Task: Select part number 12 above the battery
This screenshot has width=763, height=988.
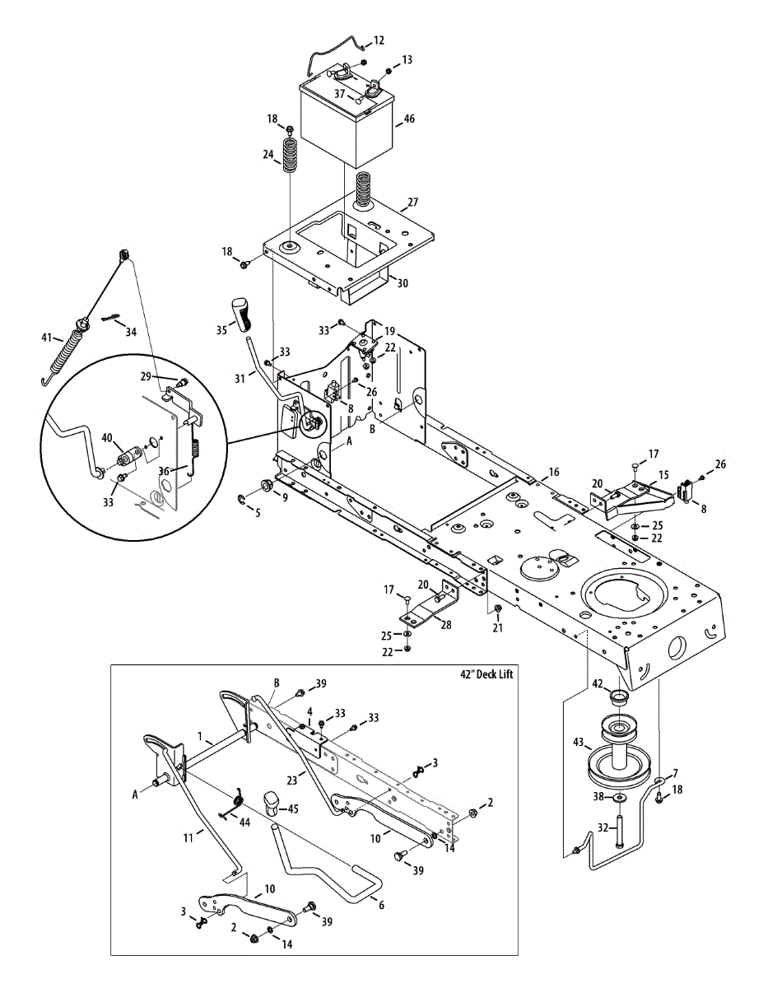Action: (379, 40)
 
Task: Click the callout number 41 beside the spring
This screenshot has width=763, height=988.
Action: (46, 338)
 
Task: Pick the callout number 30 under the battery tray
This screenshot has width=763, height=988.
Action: (402, 283)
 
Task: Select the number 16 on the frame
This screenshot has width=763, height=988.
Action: (553, 472)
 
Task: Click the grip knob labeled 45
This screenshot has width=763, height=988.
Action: (273, 803)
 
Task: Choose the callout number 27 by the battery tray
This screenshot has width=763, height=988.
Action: (413, 203)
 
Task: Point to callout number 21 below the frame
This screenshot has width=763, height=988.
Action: (496, 628)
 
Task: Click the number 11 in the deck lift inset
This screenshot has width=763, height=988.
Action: (188, 837)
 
